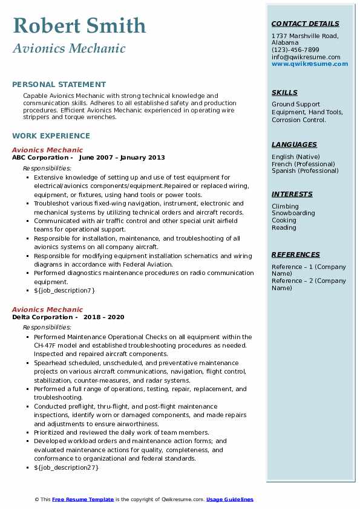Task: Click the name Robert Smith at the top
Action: click(79, 25)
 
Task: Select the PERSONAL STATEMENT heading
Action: click(59, 85)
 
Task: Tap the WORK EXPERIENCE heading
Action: click(51, 136)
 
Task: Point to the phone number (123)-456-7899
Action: click(295, 50)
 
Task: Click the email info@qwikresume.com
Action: click(306, 57)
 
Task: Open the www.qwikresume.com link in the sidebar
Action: click(310, 63)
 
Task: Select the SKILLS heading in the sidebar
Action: click(284, 92)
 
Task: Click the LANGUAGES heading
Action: click(294, 144)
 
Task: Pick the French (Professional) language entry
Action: click(304, 164)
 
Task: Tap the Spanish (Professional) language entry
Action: click(305, 171)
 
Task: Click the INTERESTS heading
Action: click(292, 194)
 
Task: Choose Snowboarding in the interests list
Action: click(293, 213)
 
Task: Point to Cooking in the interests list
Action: click(284, 221)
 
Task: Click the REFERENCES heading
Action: click(295, 254)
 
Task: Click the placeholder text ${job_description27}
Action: click(66, 467)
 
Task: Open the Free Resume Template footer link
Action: click(83, 499)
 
